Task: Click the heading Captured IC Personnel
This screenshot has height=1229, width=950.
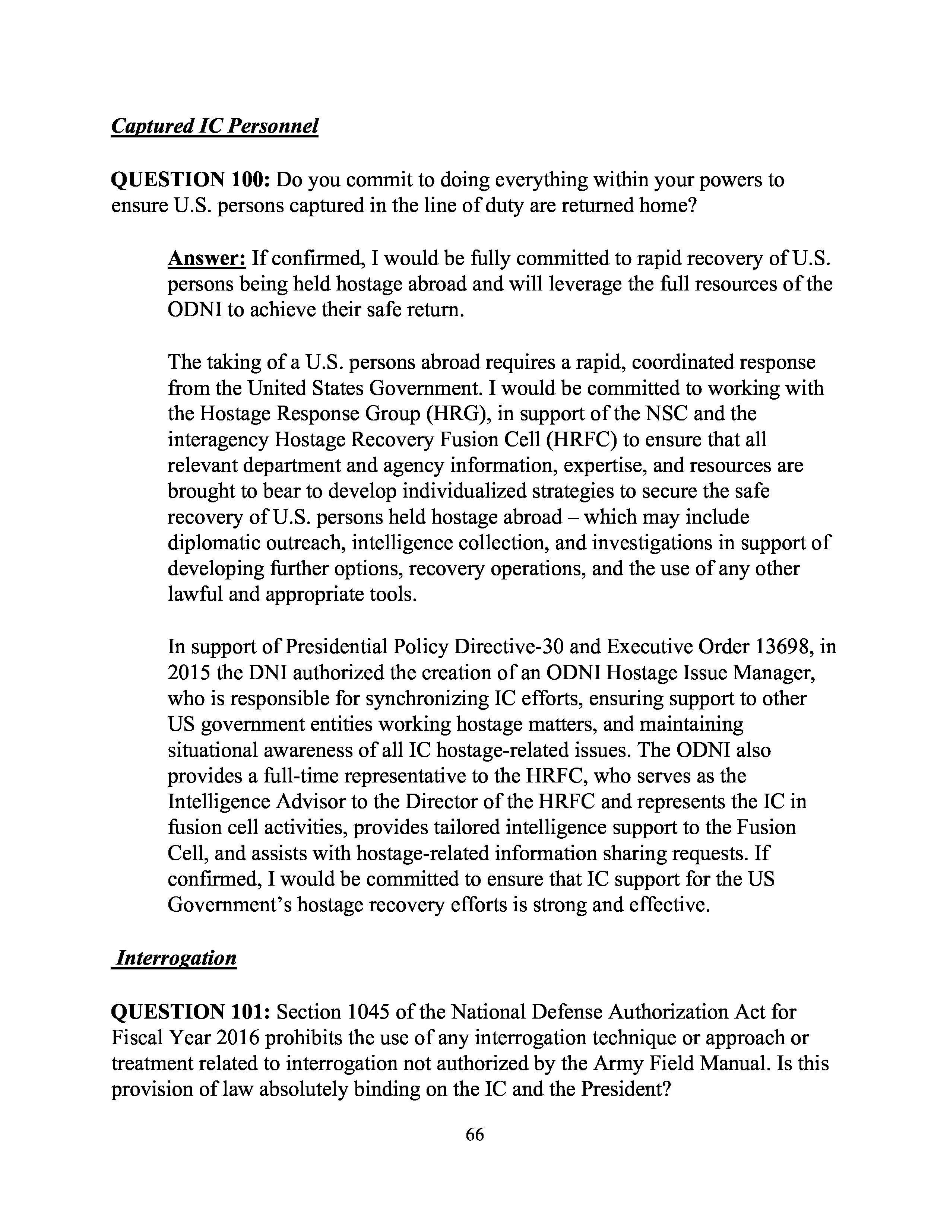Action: [215, 126]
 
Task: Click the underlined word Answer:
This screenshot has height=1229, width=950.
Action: [206, 258]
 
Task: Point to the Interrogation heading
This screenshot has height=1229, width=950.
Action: [174, 957]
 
